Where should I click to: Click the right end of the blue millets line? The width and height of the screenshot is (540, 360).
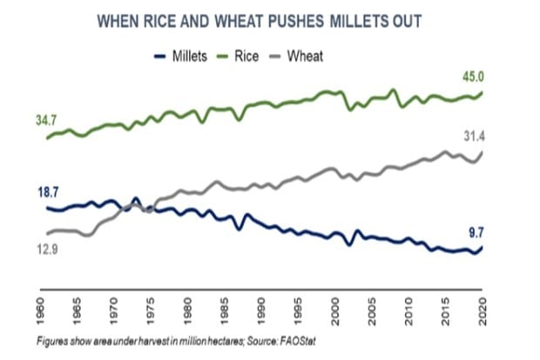tap(482, 247)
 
